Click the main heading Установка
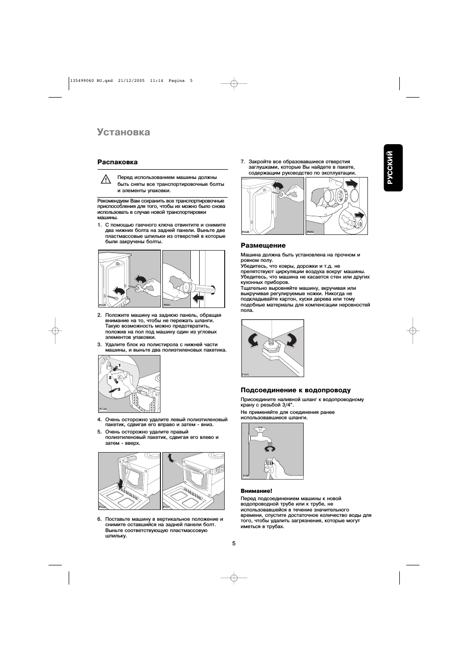point(123,132)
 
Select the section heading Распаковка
point(117,162)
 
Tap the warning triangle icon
point(105,179)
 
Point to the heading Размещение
point(262,245)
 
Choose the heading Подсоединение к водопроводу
point(295,390)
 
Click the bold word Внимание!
point(256,491)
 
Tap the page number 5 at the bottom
point(234,543)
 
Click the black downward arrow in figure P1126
point(122,483)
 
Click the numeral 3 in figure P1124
point(118,389)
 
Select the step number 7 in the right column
point(242,162)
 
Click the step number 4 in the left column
point(99,420)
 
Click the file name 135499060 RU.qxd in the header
point(91,81)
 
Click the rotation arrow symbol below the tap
point(269,449)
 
